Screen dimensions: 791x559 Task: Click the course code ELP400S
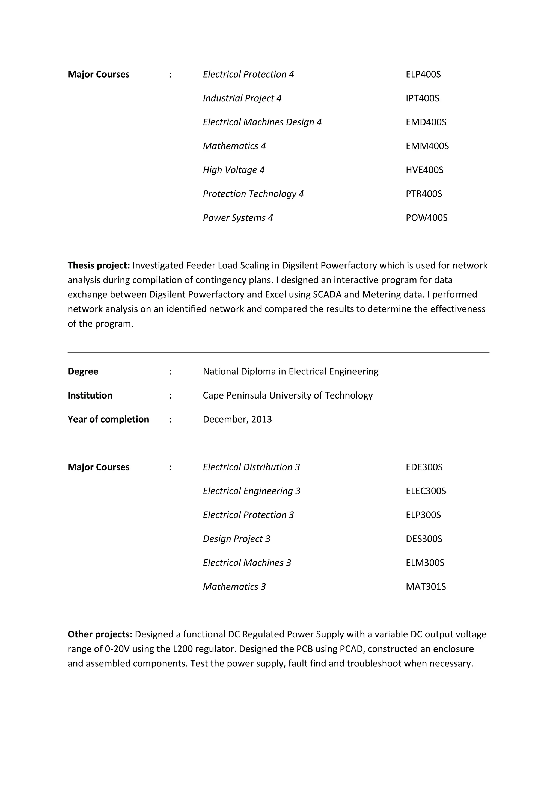(x=423, y=74)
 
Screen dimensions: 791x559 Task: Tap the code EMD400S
(x=426, y=122)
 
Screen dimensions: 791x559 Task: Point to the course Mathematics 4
(x=234, y=146)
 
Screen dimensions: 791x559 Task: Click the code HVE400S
(x=424, y=170)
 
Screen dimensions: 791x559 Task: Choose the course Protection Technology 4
(x=253, y=194)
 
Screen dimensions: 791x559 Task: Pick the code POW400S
(x=426, y=218)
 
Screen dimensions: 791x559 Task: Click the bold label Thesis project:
(x=99, y=265)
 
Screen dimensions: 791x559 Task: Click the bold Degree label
(x=83, y=371)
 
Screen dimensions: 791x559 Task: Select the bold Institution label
(x=90, y=395)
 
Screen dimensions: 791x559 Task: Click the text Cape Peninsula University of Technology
(x=287, y=395)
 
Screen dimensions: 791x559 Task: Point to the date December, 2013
(x=237, y=419)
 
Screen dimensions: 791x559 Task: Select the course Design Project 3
(x=236, y=539)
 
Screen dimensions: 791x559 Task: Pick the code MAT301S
(x=426, y=587)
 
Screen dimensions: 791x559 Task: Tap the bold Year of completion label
(x=108, y=419)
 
